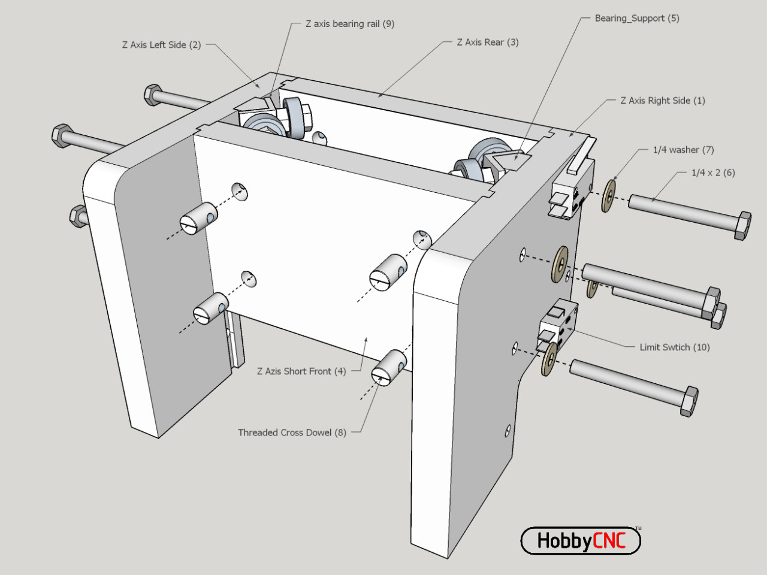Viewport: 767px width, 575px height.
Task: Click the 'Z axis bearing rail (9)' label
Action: pyautogui.click(x=349, y=24)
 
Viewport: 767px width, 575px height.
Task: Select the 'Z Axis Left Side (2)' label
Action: pyautogui.click(x=161, y=45)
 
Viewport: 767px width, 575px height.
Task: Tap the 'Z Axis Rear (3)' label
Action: pyautogui.click(x=487, y=43)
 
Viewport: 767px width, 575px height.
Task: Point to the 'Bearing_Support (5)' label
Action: pyautogui.click(x=636, y=19)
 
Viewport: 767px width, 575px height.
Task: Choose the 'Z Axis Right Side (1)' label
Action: pyautogui.click(x=662, y=101)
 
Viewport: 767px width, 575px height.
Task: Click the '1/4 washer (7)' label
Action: pyautogui.click(x=683, y=150)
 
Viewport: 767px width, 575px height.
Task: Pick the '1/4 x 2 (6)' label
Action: pyautogui.click(x=712, y=172)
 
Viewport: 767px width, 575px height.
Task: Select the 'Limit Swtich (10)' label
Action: pyautogui.click(x=674, y=347)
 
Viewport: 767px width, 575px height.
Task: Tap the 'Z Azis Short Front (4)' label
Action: pyautogui.click(x=301, y=371)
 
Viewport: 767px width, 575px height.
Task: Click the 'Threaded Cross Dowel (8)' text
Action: pyautogui.click(x=292, y=432)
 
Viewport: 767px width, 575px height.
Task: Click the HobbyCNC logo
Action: pyautogui.click(x=581, y=541)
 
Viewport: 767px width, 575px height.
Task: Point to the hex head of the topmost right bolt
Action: pyautogui.click(x=742, y=226)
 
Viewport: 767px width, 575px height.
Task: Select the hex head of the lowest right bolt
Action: pyautogui.click(x=689, y=401)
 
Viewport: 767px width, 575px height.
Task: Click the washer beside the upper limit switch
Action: pyautogui.click(x=609, y=196)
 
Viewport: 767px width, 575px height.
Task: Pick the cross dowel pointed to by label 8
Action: pyautogui.click(x=389, y=366)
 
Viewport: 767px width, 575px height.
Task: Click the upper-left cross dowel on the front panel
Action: pyautogui.click(x=198, y=219)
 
